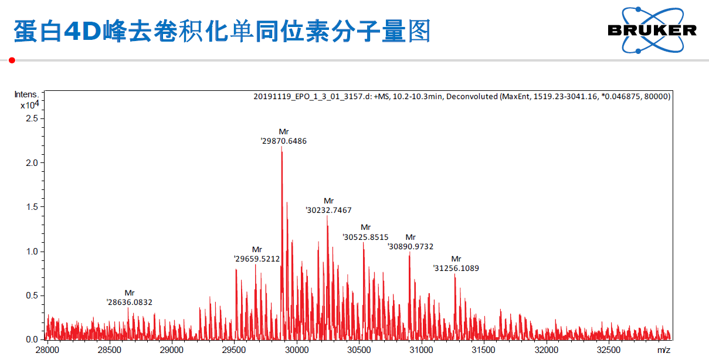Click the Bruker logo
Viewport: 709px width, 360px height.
pyautogui.click(x=652, y=30)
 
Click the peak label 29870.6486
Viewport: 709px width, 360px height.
pyautogui.click(x=284, y=141)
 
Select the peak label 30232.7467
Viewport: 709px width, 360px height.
pyautogui.click(x=329, y=210)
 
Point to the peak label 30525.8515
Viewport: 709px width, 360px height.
pyautogui.click(x=366, y=237)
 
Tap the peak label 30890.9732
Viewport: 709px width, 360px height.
pyautogui.click(x=411, y=247)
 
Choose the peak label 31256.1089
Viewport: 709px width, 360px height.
pyautogui.click(x=456, y=269)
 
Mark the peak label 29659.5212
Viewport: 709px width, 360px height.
pyautogui.click(x=257, y=259)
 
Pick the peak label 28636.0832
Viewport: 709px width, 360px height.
pyautogui.click(x=130, y=303)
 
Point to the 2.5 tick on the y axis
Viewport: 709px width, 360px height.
pyautogui.click(x=32, y=118)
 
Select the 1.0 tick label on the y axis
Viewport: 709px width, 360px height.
pyautogui.click(x=32, y=252)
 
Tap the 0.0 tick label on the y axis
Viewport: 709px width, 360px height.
pyautogui.click(x=32, y=339)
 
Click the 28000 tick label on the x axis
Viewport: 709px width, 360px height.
pyautogui.click(x=48, y=350)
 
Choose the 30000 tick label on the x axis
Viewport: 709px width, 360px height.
pyautogui.click(x=297, y=350)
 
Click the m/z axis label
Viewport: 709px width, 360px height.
pyautogui.click(x=663, y=350)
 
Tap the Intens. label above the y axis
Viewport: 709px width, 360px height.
pyautogui.click(x=26, y=94)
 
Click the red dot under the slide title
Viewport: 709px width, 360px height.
pyautogui.click(x=12, y=60)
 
